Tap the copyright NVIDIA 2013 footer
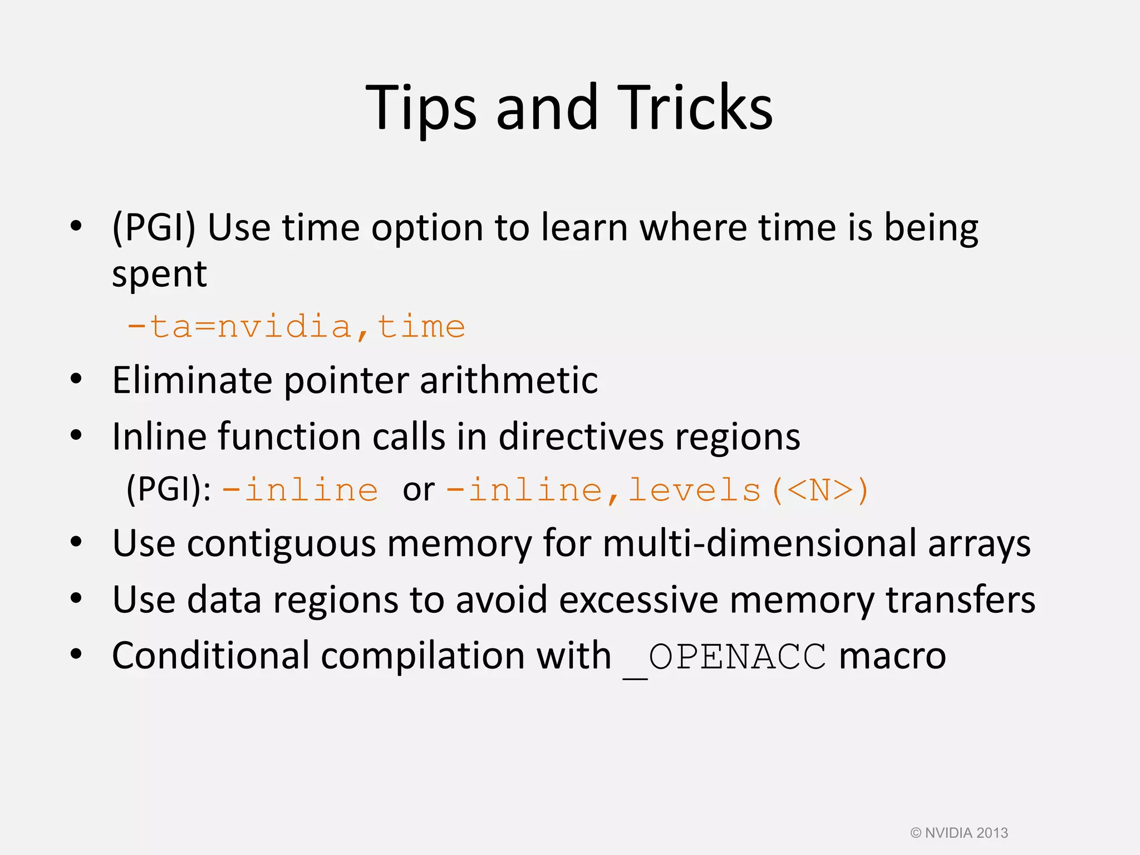(x=959, y=833)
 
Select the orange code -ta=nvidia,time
(x=296, y=326)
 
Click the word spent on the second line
(x=159, y=274)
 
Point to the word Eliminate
(x=191, y=380)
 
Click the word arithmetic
(x=509, y=380)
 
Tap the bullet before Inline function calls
(x=76, y=435)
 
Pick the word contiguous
(x=282, y=544)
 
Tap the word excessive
(x=638, y=600)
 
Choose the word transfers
(x=960, y=600)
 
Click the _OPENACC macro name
(x=725, y=657)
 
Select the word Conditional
(x=210, y=655)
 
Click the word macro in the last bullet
(x=892, y=656)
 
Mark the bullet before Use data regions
(x=76, y=598)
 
